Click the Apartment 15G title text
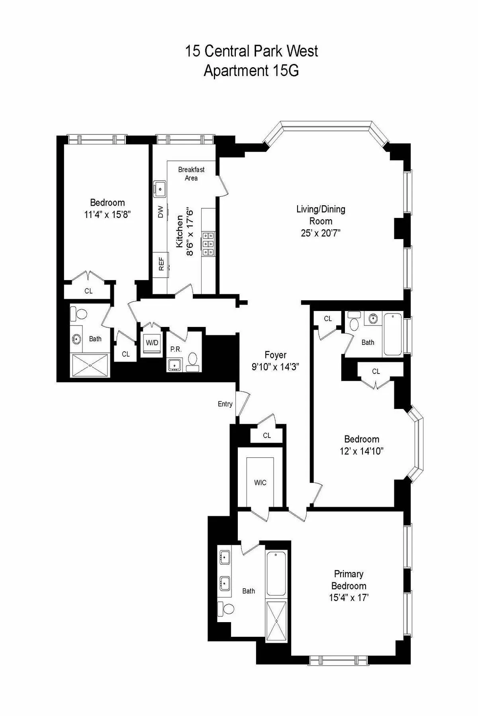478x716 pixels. click(x=251, y=71)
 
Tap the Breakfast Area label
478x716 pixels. click(x=191, y=174)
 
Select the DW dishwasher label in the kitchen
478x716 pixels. click(x=161, y=212)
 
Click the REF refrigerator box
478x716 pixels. click(x=161, y=264)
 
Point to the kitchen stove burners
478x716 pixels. click(x=208, y=243)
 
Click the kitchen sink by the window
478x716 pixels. click(x=160, y=187)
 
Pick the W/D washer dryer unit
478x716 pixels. click(x=152, y=342)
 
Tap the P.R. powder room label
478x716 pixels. click(x=176, y=350)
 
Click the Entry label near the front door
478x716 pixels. click(x=225, y=404)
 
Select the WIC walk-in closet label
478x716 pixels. click(x=260, y=483)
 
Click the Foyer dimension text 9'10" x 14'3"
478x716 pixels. click(x=275, y=367)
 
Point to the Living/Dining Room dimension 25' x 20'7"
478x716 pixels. click(x=321, y=233)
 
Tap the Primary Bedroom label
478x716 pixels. click(x=349, y=580)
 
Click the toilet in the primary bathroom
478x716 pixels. click(x=226, y=609)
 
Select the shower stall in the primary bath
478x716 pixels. click(x=276, y=620)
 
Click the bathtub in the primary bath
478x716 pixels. click(x=276, y=573)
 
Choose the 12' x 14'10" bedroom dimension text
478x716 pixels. click(x=361, y=451)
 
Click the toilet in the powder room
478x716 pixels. click(x=193, y=359)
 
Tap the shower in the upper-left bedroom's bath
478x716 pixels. click(x=90, y=365)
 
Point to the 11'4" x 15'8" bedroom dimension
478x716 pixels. click(x=108, y=215)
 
